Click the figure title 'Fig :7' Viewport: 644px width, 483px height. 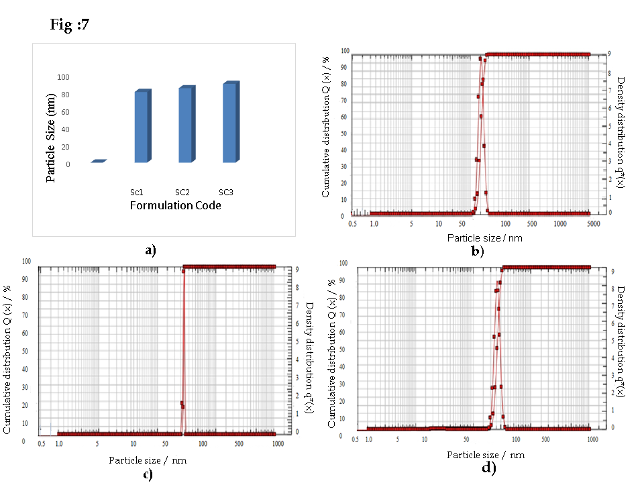[x=70, y=25]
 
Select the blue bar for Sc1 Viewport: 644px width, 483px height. [x=142, y=127]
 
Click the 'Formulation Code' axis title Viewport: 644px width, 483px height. [x=175, y=206]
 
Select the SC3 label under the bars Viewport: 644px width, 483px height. [x=227, y=193]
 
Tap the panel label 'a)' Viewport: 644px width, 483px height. [x=150, y=250]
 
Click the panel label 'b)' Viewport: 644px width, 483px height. [x=478, y=252]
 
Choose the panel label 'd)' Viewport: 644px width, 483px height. [x=489, y=468]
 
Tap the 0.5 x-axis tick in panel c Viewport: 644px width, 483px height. [x=42, y=443]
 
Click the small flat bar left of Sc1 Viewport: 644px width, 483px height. [x=99, y=161]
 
